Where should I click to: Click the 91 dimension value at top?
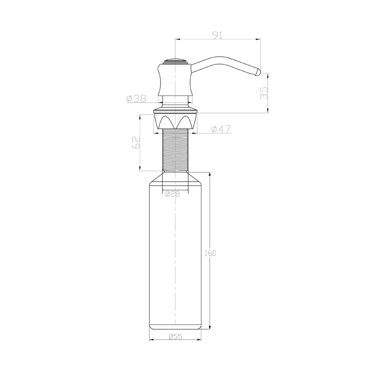coord(217,35)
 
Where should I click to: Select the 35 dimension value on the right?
coord(263,92)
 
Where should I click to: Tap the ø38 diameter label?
coord(136,98)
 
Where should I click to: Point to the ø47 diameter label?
coord(221,129)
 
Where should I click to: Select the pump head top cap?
coord(175,62)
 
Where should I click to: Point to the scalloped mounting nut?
coord(175,121)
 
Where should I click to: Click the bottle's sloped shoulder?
coord(196,178)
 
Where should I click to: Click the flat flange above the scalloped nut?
coord(175,111)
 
